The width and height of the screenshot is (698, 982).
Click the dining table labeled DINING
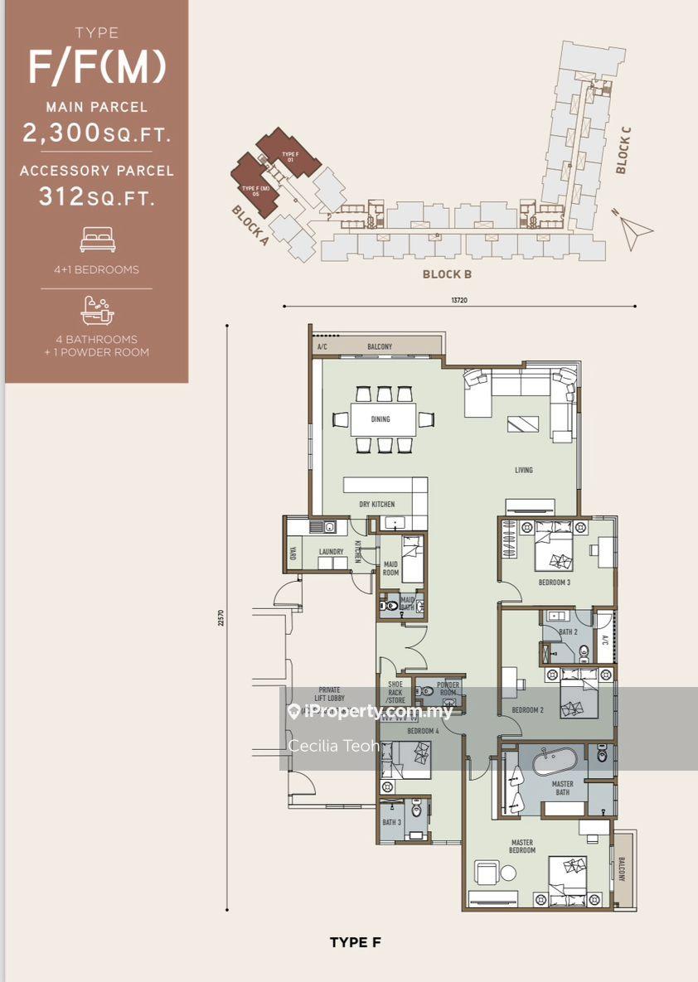point(382,419)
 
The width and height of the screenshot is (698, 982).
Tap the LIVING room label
point(523,470)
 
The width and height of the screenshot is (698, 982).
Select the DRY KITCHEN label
point(376,504)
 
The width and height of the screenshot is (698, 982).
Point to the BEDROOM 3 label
point(554,583)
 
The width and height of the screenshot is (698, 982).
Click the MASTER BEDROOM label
point(522,846)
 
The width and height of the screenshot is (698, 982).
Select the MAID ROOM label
point(390,568)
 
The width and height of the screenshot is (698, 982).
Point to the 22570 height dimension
point(221,617)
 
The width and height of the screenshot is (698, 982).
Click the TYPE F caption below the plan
point(355,942)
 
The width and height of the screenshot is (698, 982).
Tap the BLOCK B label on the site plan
point(447,274)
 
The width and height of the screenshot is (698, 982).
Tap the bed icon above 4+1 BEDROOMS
point(97,240)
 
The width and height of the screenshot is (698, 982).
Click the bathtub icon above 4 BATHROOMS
point(97,310)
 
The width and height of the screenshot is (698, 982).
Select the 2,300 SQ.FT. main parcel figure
point(97,133)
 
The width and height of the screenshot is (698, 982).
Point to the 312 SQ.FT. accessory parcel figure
point(97,196)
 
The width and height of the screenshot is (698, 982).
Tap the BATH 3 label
point(390,822)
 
